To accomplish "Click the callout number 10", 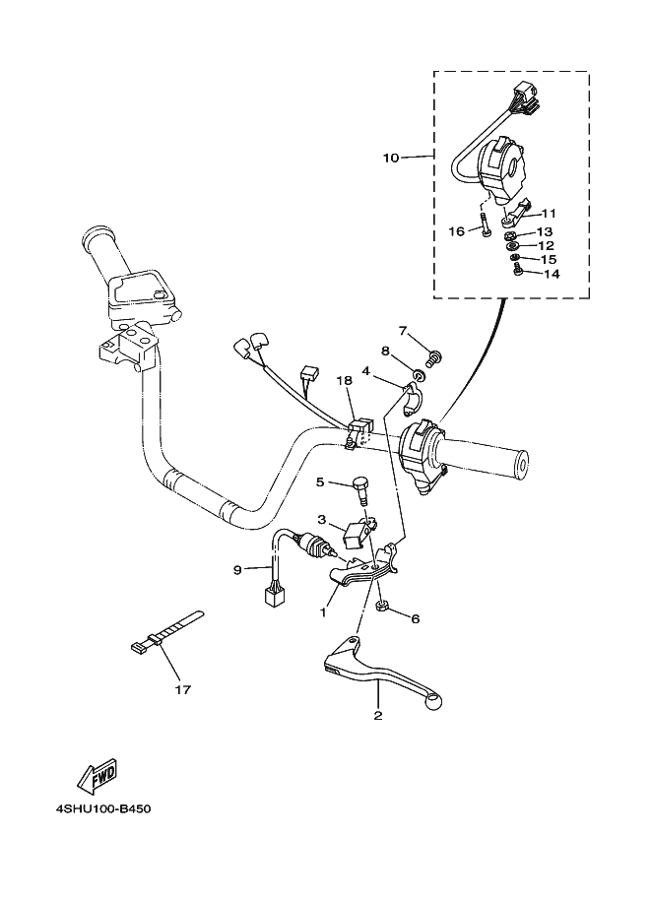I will pos(391,158).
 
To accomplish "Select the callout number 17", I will pos(180,690).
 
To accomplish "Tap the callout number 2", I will pos(376,717).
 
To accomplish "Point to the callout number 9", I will pos(237,569).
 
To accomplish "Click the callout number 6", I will pos(415,619).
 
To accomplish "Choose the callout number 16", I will pos(456,231).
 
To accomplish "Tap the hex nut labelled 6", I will pos(382,605).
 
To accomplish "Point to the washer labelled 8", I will pos(421,376).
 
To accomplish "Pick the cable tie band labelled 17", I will pos(172,630).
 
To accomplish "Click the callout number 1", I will pos(321,611).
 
